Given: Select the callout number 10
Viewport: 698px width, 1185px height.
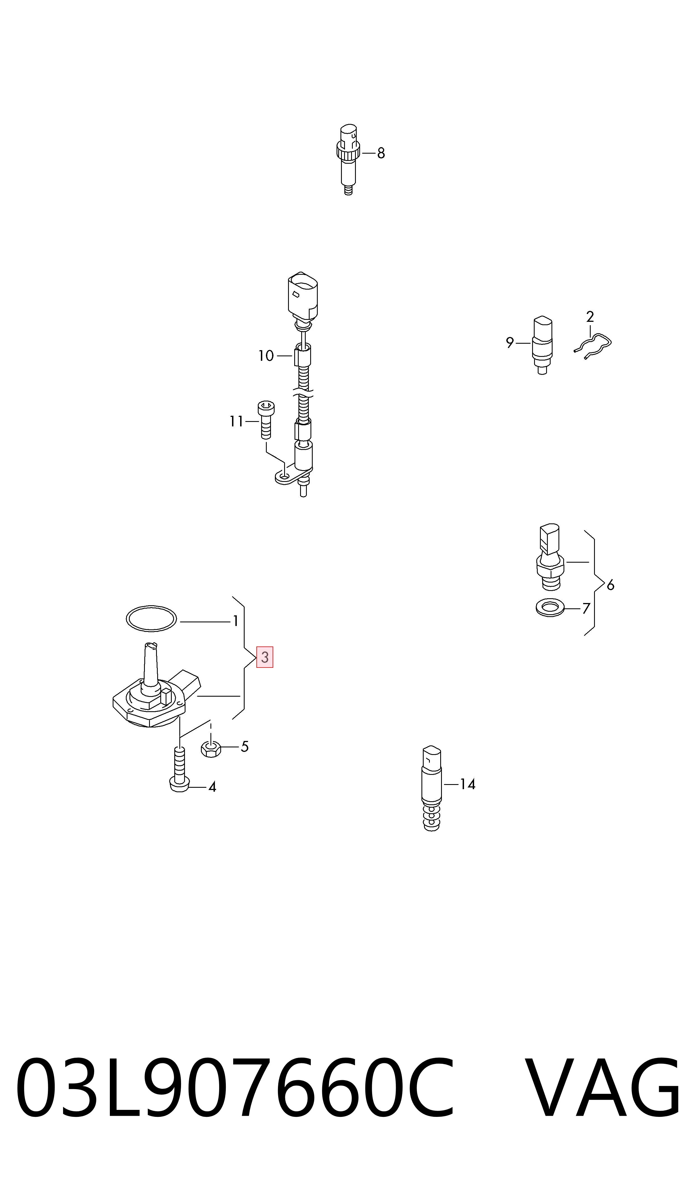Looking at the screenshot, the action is (266, 356).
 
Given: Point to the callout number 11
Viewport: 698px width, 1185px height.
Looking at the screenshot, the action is (236, 422).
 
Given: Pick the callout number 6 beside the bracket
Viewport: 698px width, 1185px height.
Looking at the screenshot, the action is (611, 585).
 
